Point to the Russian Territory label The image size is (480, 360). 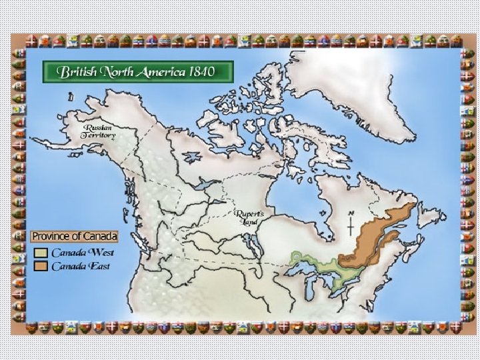coord(99,131)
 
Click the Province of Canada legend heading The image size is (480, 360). coord(75,237)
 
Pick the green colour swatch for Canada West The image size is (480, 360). coord(41,253)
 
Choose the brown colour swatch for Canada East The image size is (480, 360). coord(41,267)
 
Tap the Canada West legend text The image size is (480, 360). coord(83,253)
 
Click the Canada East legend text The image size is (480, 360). coord(81,267)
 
